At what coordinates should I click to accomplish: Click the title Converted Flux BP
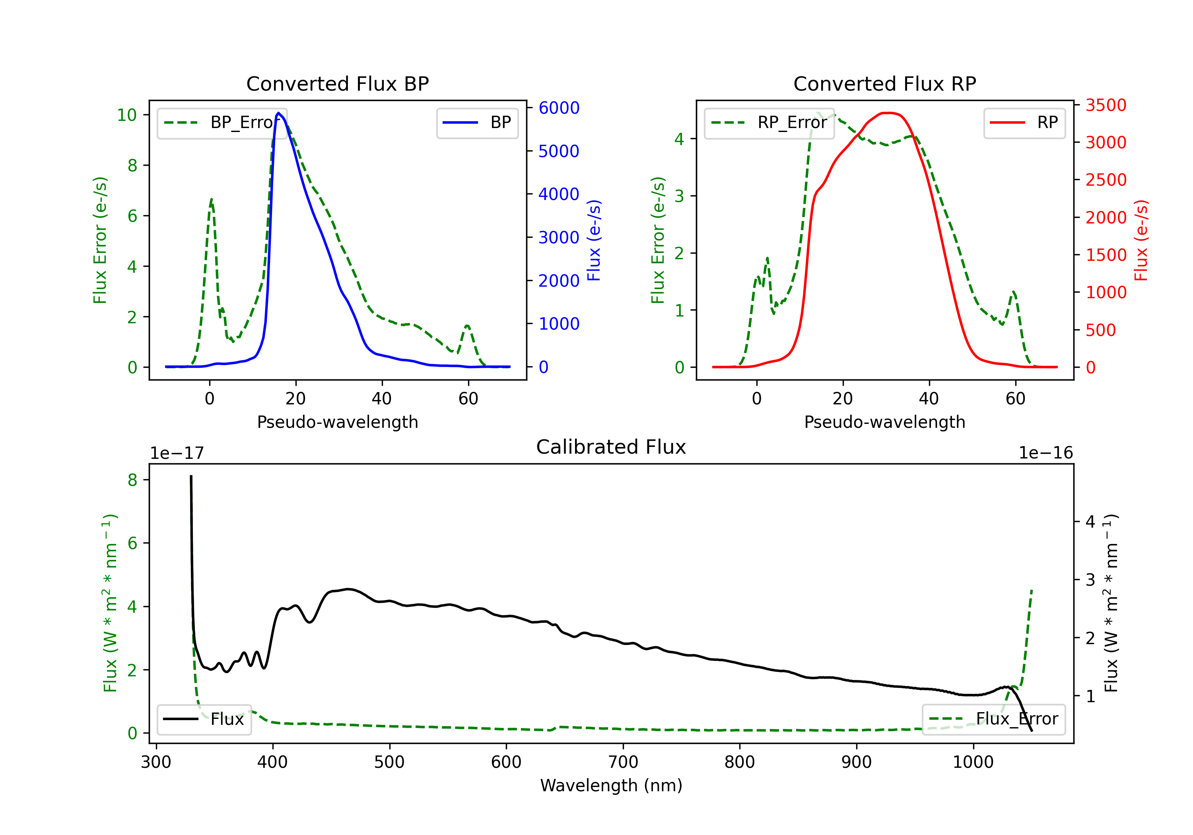click(x=337, y=83)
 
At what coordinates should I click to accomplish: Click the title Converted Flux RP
click(x=884, y=83)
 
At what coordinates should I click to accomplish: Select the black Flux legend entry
click(x=204, y=719)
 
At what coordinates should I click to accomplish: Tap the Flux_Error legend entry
click(x=993, y=719)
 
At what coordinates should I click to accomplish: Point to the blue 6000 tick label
click(x=559, y=108)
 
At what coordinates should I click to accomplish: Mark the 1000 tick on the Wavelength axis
click(x=973, y=762)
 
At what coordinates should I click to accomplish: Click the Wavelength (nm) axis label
click(x=611, y=785)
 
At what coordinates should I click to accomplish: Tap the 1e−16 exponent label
click(x=1045, y=453)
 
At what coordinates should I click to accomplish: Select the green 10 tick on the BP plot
click(x=127, y=115)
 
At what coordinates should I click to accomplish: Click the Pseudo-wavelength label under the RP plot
click(x=884, y=422)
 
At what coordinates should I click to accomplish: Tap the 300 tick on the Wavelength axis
click(x=156, y=762)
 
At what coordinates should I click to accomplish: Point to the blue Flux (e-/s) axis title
click(x=593, y=240)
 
